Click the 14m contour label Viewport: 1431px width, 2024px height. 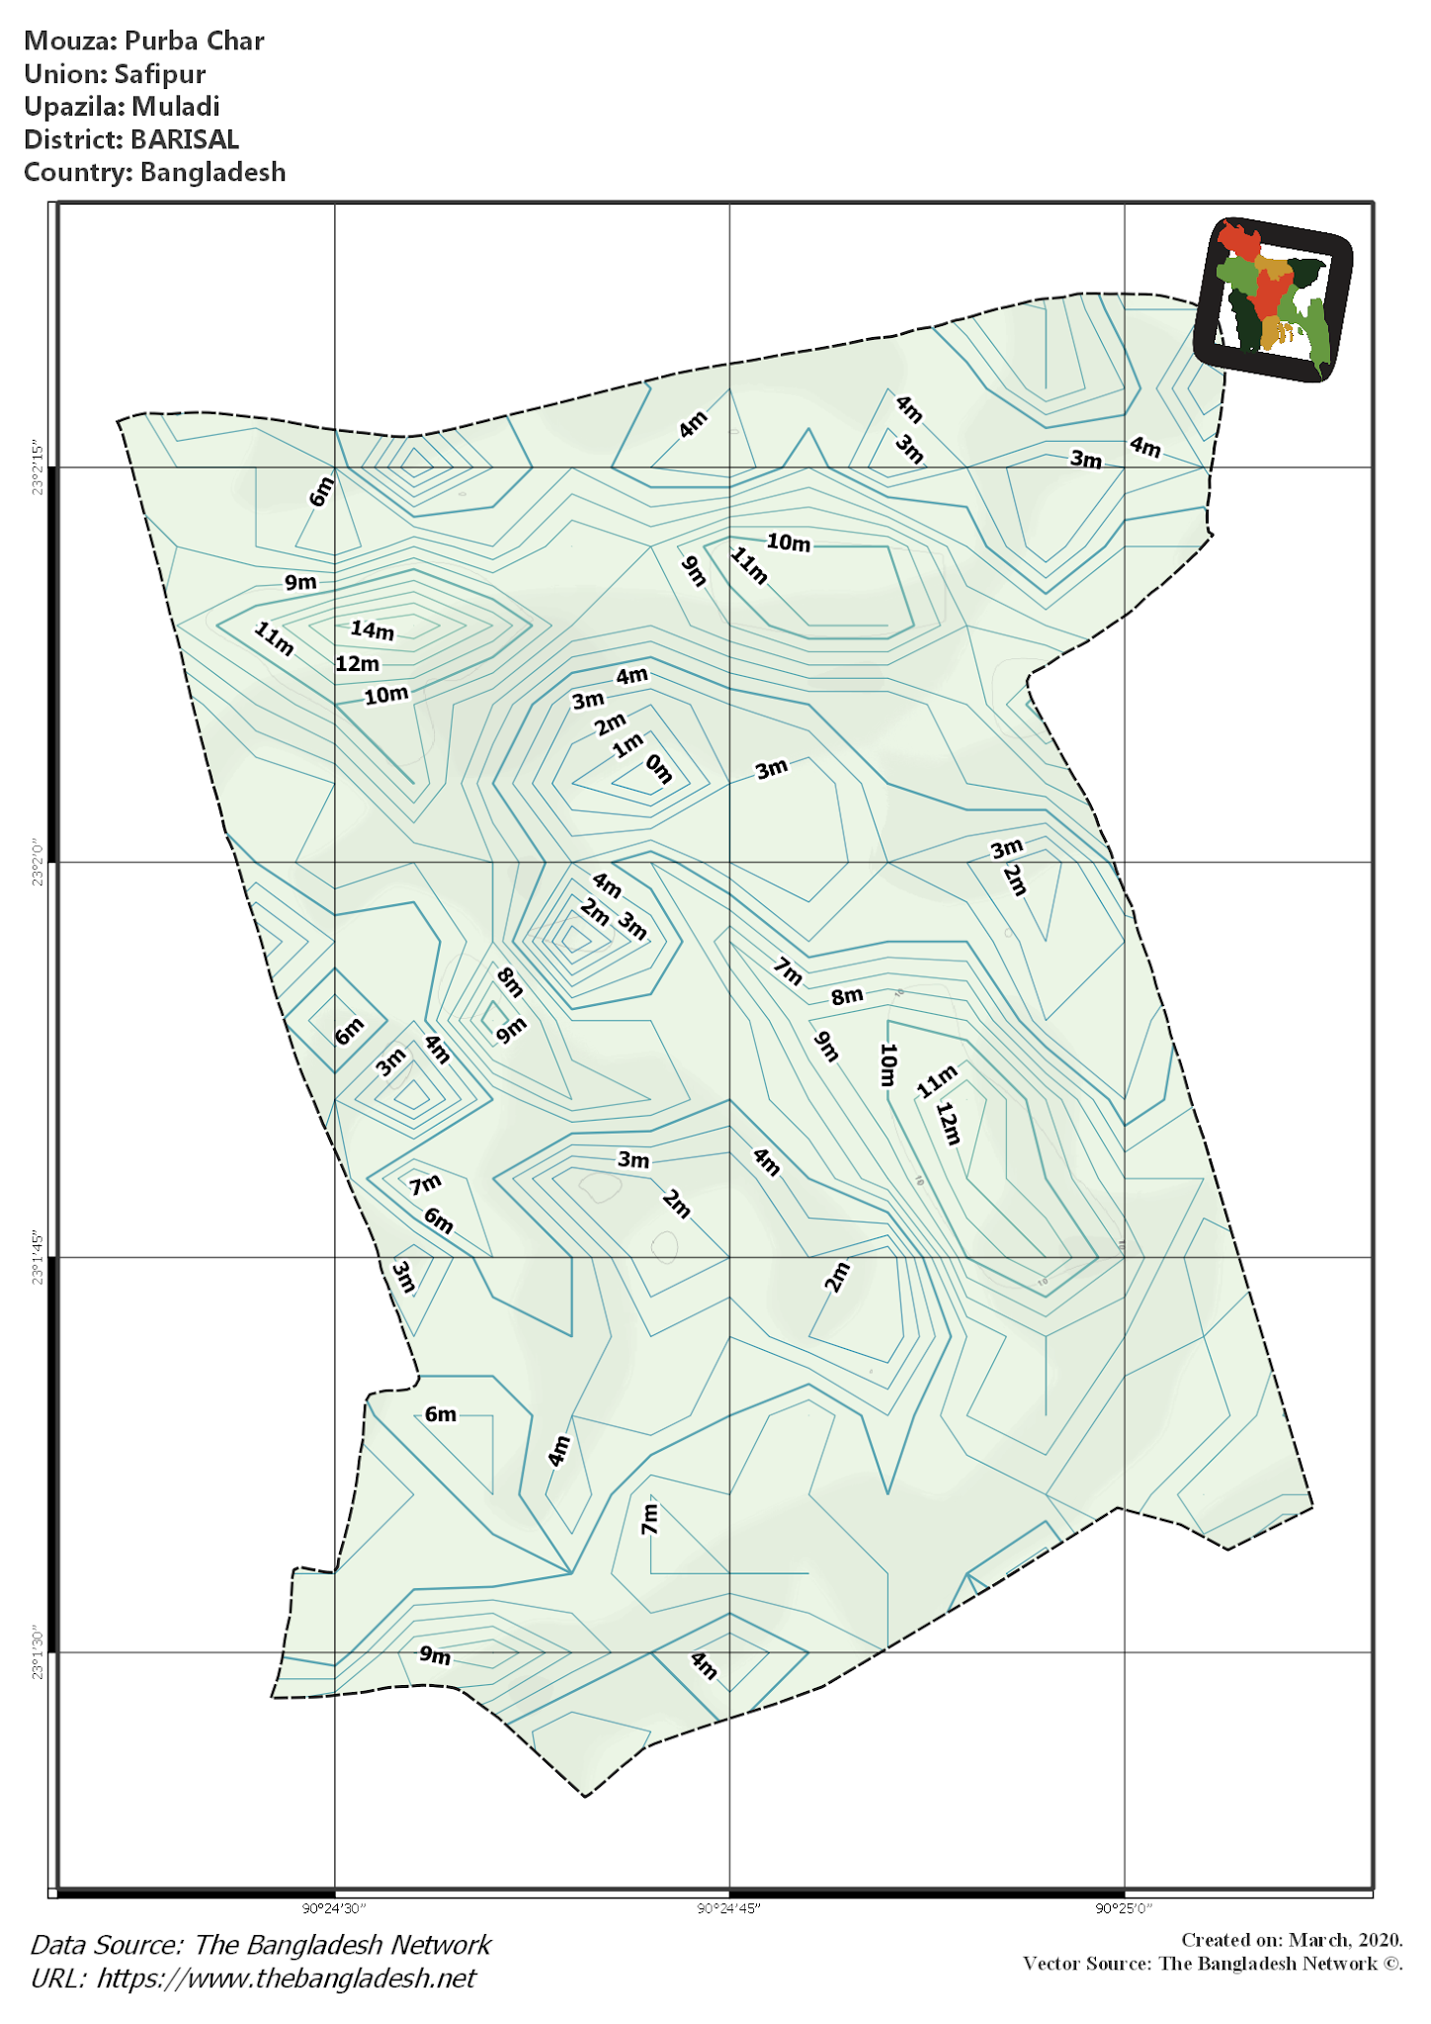pyautogui.click(x=372, y=630)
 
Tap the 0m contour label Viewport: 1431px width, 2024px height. pyautogui.click(x=659, y=768)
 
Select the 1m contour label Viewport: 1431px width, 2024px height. pyautogui.click(x=628, y=745)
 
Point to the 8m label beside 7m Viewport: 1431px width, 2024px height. pyautogui.click(x=847, y=996)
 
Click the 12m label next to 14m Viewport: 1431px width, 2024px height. pyautogui.click(x=357, y=663)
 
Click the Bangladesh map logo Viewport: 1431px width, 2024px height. pyautogui.click(x=1272, y=298)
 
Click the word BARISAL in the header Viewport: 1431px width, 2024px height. pyautogui.click(x=185, y=139)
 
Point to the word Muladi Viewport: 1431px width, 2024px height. pyautogui.click(x=176, y=107)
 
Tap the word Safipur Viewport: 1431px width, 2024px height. pyautogui.click(x=160, y=74)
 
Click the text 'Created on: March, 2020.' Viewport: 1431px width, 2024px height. pyautogui.click(x=1292, y=1940)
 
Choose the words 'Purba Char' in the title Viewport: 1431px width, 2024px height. pyautogui.click(x=195, y=41)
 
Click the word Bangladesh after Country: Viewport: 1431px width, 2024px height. pyautogui.click(x=212, y=172)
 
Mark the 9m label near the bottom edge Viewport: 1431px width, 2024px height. pyautogui.click(x=435, y=1654)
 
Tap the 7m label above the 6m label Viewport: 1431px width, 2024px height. pyautogui.click(x=426, y=1184)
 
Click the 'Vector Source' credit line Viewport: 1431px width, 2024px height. pyautogui.click(x=1213, y=1963)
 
